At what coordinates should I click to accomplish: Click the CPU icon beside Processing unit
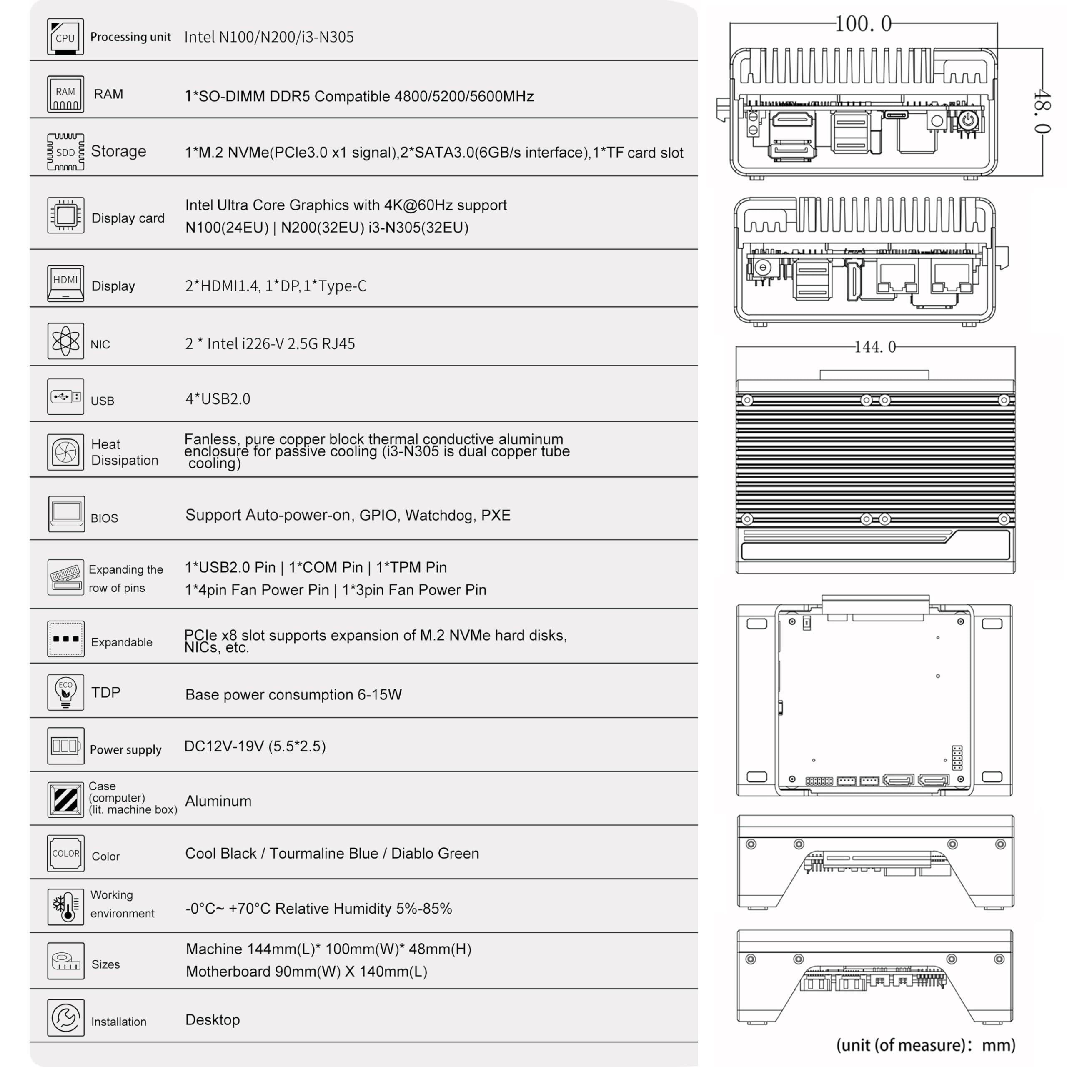click(65, 36)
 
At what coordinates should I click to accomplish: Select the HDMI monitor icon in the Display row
click(65, 283)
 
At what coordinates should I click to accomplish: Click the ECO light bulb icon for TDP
click(65, 692)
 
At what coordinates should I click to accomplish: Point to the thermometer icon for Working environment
click(65, 906)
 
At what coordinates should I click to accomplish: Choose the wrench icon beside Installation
click(65, 1017)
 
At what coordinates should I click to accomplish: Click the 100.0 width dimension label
click(863, 24)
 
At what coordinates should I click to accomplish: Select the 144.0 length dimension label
click(875, 347)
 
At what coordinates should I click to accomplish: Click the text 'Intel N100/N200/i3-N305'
click(269, 37)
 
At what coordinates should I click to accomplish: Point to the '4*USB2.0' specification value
click(218, 399)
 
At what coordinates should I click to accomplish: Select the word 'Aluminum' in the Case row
click(218, 801)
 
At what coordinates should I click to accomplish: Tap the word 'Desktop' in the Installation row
click(212, 1019)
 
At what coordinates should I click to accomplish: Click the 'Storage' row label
click(118, 151)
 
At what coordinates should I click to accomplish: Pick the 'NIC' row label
click(100, 344)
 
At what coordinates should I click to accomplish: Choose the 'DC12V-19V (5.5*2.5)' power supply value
click(255, 746)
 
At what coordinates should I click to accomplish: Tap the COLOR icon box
click(65, 853)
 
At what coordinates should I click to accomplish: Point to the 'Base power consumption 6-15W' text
click(293, 694)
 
